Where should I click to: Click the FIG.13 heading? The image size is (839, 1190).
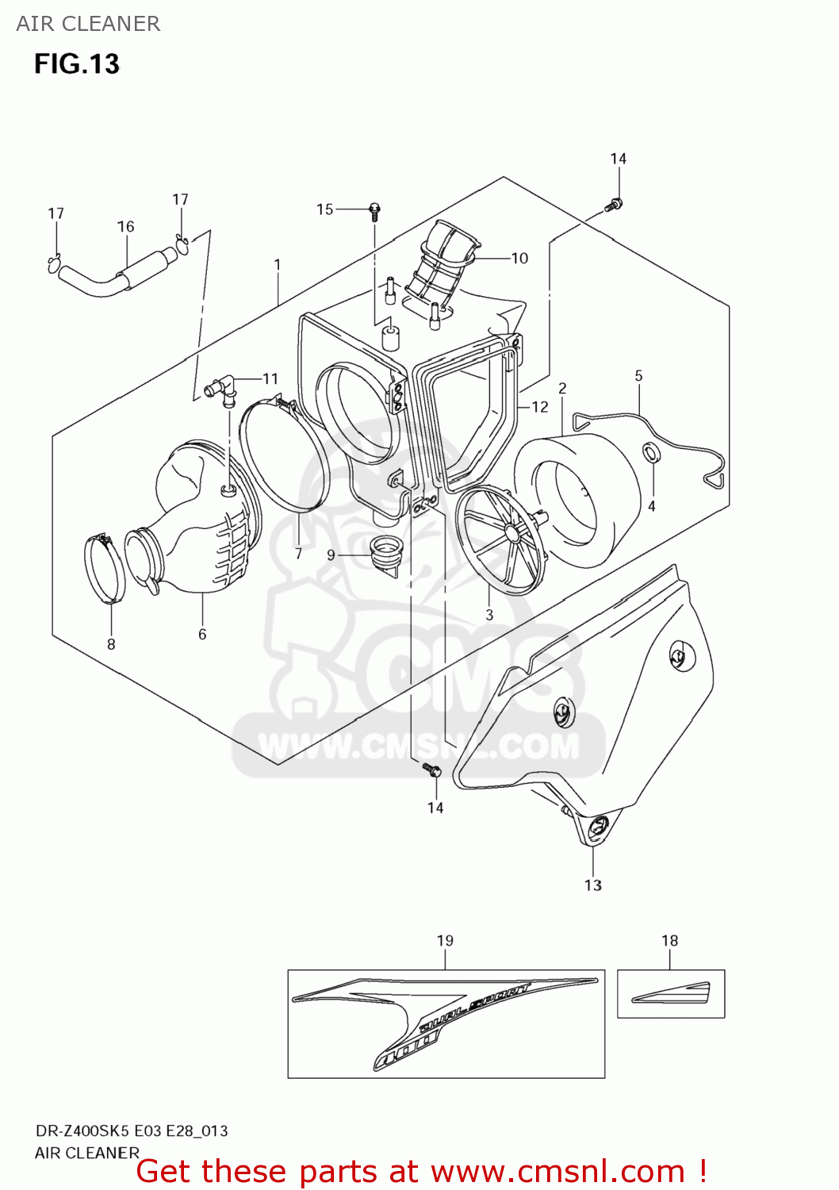[76, 63]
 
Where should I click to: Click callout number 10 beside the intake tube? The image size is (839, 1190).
[519, 258]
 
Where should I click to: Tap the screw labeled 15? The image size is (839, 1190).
[374, 211]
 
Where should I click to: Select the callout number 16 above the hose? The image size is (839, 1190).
[126, 227]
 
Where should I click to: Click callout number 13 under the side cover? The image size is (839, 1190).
[593, 885]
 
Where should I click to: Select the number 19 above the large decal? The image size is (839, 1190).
[445, 941]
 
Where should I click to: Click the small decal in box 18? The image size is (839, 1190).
[671, 992]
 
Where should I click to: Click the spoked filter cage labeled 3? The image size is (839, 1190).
[504, 539]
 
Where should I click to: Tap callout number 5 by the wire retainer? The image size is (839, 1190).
[638, 376]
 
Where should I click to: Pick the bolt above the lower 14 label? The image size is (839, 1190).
[431, 769]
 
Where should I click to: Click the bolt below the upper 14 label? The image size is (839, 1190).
[613, 205]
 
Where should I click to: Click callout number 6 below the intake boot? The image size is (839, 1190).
[202, 634]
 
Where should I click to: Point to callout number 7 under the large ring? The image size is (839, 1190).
[298, 554]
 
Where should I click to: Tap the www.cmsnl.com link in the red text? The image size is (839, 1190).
[557, 1171]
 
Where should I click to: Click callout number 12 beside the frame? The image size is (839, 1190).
[540, 407]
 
